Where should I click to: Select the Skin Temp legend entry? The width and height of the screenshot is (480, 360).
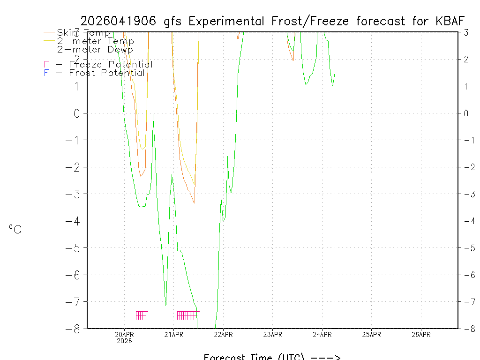pyautogui.click(x=83, y=33)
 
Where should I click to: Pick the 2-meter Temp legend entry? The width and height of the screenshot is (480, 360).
pyautogui.click(x=95, y=41)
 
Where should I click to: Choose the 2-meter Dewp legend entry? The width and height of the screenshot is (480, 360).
pyautogui.click(x=95, y=49)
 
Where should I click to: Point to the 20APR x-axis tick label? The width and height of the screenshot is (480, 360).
pyautogui.click(x=125, y=334)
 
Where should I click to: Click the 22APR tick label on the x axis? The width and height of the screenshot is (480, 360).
pyautogui.click(x=223, y=334)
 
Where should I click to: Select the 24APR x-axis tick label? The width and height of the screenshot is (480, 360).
pyautogui.click(x=322, y=334)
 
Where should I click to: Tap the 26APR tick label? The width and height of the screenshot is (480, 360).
pyautogui.click(x=421, y=334)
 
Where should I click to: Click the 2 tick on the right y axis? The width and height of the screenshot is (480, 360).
pyautogui.click(x=466, y=59)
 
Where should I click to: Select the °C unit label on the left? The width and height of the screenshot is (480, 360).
pyautogui.click(x=15, y=230)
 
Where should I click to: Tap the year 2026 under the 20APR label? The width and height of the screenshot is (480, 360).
pyautogui.click(x=125, y=341)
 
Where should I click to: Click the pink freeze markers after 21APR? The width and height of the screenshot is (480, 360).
pyautogui.click(x=187, y=315)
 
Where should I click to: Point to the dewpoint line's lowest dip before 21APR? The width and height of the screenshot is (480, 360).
pyautogui.click(x=165, y=305)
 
